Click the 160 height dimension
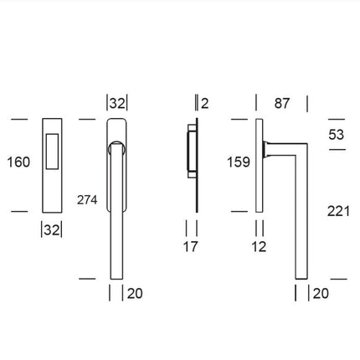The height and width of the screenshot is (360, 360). coord(18,162)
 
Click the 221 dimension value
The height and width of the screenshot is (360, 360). coord(338,213)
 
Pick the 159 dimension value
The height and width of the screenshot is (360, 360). coord(239,162)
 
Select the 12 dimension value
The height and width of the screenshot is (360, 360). coord(259,247)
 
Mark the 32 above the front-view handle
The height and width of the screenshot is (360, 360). coord(117,104)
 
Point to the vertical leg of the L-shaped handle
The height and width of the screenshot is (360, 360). coord(300,218)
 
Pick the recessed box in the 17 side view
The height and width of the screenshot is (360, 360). coord(189,154)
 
